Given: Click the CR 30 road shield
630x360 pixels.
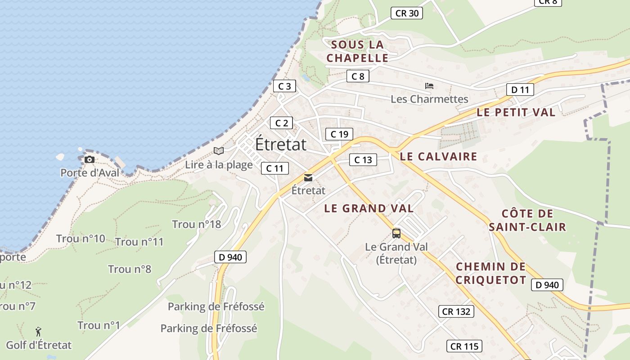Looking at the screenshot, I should point(407,13).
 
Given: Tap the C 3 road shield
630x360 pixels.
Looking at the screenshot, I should point(284,86).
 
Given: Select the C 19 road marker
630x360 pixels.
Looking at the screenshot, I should point(339,134).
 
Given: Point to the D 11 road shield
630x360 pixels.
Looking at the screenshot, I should point(520,90).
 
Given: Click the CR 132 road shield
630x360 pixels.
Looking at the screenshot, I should point(456,311).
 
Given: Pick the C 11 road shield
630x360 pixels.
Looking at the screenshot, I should point(274,168).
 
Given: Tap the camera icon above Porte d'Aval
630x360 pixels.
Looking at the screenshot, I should point(90,159).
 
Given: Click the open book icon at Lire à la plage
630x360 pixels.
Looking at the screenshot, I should point(219,151).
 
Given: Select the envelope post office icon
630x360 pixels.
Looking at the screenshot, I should point(308,178).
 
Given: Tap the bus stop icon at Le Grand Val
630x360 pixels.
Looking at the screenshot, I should point(396,234).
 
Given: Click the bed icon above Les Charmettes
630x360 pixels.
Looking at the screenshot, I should point(429,85).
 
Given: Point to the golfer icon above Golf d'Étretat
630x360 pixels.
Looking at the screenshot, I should point(38,332).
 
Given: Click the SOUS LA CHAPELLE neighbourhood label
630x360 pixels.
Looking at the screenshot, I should point(357,51).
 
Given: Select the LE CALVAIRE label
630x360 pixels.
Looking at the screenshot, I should point(438,157).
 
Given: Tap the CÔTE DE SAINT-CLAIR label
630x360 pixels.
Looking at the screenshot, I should point(527,220).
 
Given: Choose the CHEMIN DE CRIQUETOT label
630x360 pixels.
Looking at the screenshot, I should point(491,273).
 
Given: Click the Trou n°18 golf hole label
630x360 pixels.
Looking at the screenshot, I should point(197,224).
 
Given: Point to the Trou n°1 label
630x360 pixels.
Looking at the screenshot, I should point(99,325).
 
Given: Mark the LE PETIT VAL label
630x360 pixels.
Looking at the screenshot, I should point(516,112).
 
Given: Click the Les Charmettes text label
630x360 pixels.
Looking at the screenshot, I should point(429,99).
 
